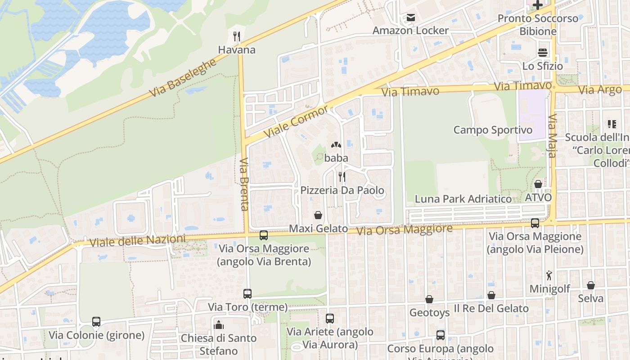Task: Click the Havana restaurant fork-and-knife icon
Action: coord(237,36)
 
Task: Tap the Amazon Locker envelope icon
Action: coord(410,18)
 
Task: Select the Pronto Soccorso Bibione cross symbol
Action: coord(537,5)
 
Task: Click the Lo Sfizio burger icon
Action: coord(542,53)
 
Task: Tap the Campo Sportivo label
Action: coord(493,130)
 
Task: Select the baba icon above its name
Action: coord(336,145)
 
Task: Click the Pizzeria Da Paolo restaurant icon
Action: coord(342,177)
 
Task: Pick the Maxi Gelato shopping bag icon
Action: coord(318,215)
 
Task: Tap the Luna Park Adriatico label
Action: coord(463,199)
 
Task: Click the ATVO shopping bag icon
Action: coord(538,184)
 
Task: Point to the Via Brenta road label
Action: coord(244,184)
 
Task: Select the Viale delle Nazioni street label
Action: coord(137,241)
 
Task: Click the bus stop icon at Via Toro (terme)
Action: coord(247,294)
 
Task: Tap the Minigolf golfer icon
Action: coord(549,275)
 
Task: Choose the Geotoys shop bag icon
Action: coord(429,299)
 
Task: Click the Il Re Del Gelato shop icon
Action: coord(491,295)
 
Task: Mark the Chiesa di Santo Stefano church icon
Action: coord(219,324)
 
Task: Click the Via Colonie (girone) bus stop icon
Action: coord(96,322)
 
